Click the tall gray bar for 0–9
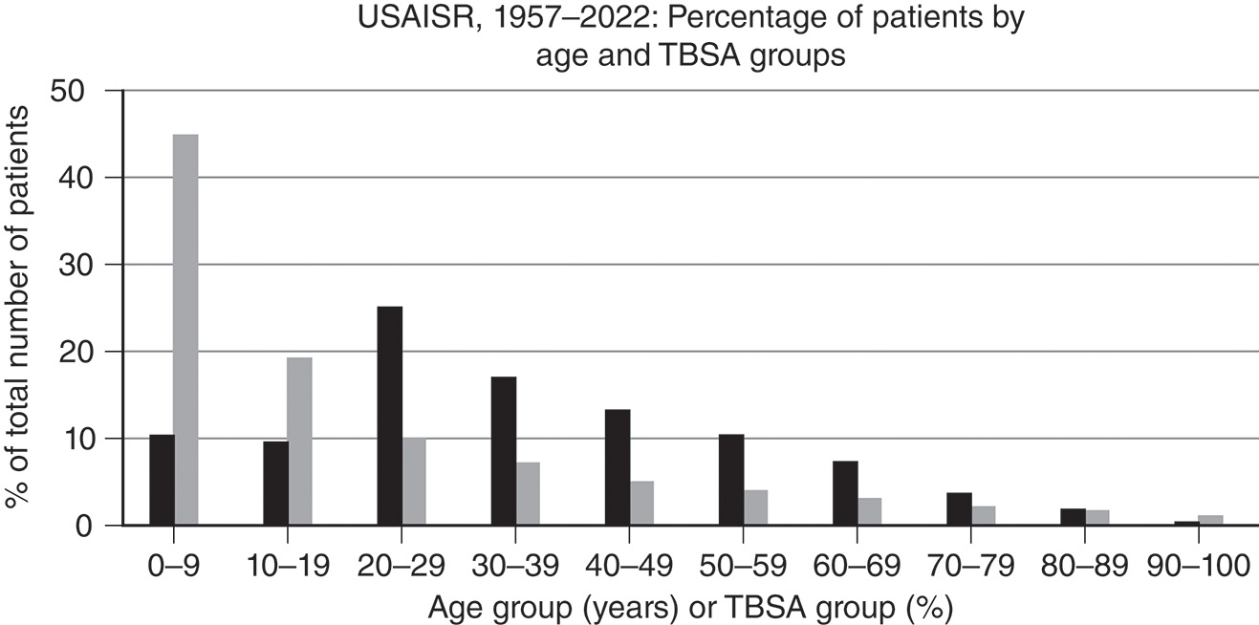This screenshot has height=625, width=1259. pyautogui.click(x=185, y=330)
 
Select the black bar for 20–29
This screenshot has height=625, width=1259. pyautogui.click(x=390, y=416)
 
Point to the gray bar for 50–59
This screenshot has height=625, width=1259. pyautogui.click(x=755, y=507)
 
